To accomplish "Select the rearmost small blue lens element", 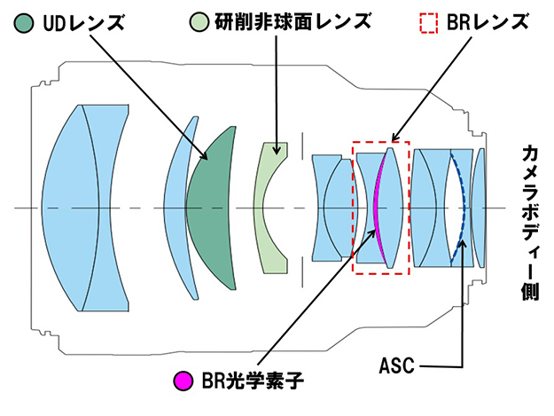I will click(x=479, y=208).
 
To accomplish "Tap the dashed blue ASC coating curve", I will click(x=462, y=208).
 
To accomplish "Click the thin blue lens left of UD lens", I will click(x=180, y=208).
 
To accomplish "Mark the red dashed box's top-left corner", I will click(x=353, y=142).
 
